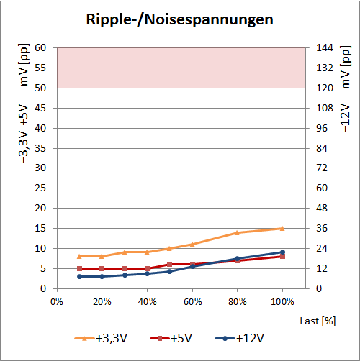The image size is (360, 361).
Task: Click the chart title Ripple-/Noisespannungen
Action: click(x=180, y=19)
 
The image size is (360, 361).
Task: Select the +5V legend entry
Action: click(x=178, y=337)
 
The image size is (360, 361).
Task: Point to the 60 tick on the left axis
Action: click(x=40, y=47)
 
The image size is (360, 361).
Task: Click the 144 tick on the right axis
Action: click(x=325, y=47)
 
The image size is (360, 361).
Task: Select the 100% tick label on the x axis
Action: click(x=282, y=301)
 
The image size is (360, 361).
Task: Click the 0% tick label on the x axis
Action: click(x=58, y=301)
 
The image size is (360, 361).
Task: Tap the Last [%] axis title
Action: click(x=318, y=318)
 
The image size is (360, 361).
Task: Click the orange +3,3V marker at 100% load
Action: click(x=282, y=228)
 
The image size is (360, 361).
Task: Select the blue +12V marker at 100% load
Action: click(x=282, y=252)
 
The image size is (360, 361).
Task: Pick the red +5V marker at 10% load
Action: click(x=79, y=268)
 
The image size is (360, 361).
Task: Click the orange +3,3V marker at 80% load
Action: click(x=237, y=232)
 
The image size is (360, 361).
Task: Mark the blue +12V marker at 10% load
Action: click(x=79, y=276)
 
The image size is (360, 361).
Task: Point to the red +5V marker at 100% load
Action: click(x=282, y=256)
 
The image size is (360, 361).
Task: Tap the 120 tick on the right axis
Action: click(x=325, y=88)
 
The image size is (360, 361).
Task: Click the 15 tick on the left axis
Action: click(x=40, y=228)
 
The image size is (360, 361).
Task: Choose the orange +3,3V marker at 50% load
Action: click(x=169, y=248)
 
